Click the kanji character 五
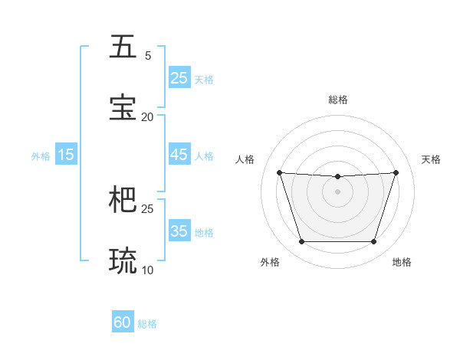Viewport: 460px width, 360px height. [x=123, y=47]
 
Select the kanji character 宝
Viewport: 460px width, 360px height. [x=123, y=108]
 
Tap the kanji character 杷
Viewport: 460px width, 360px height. [x=123, y=200]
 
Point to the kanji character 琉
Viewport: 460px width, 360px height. [x=123, y=260]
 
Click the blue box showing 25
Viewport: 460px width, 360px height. [x=179, y=78]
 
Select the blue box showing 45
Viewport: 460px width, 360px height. [x=179, y=155]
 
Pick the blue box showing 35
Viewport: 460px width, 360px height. [x=179, y=231]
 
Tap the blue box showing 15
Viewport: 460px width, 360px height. [x=65, y=155]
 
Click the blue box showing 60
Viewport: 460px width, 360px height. [x=123, y=322]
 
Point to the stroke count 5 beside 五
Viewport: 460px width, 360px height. [x=148, y=56]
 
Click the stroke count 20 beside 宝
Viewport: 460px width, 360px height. [x=148, y=117]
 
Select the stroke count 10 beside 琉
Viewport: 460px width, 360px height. [x=148, y=270]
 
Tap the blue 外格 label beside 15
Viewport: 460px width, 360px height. [x=41, y=156]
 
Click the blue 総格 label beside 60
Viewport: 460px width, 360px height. [x=147, y=324]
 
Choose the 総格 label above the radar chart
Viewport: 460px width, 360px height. [x=337, y=100]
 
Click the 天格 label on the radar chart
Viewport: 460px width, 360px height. [x=431, y=159]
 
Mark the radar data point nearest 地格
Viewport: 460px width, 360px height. [x=373, y=242]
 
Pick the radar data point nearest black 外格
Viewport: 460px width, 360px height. [x=301, y=242]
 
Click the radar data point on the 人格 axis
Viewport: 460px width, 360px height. [x=279, y=172]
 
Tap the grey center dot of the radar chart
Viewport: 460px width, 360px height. [x=337, y=191]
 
